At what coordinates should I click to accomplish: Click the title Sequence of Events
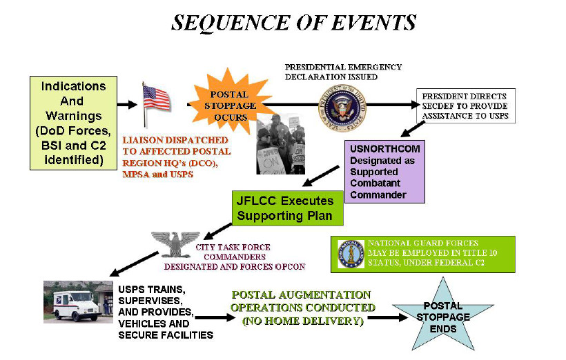(x=293, y=23)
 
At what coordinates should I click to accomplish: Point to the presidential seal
(x=342, y=105)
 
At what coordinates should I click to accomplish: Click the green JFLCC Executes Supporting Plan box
(x=285, y=208)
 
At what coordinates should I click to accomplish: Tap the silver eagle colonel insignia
(x=177, y=245)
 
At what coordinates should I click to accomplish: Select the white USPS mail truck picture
(x=77, y=302)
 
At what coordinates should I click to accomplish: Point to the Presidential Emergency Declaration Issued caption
(x=343, y=72)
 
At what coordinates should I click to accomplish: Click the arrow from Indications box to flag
(x=127, y=105)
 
